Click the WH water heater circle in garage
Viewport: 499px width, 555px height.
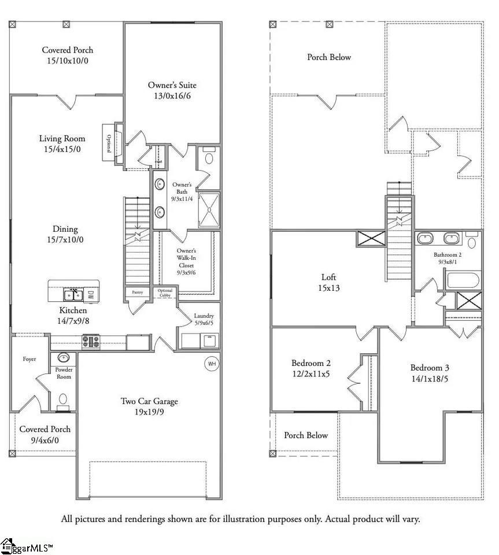(x=211, y=364)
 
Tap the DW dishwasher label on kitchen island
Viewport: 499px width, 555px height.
(x=91, y=295)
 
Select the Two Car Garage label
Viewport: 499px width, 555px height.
(x=149, y=406)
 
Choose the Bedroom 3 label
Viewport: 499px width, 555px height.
(x=430, y=373)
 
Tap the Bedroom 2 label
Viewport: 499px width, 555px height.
(x=311, y=368)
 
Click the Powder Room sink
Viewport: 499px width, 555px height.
(x=64, y=358)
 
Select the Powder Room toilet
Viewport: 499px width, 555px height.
(x=64, y=400)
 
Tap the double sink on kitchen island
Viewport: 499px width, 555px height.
(x=73, y=295)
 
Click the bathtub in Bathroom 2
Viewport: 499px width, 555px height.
(x=462, y=280)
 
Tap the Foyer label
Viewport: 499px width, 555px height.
(x=29, y=359)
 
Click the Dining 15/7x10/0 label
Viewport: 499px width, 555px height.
(x=64, y=234)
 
